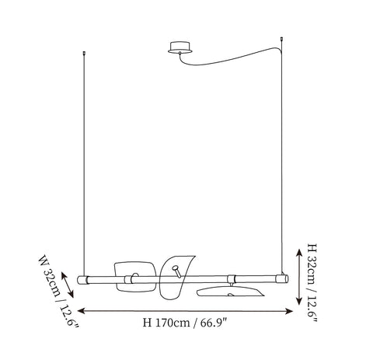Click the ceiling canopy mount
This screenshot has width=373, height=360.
point(180,47)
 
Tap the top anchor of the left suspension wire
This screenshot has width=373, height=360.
point(84,53)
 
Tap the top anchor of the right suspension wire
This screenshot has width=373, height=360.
point(281,39)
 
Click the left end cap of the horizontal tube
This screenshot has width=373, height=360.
point(83,280)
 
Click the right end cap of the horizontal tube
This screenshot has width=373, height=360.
point(282,279)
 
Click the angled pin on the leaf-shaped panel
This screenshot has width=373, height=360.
point(177,271)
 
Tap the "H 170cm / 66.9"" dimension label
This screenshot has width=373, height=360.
point(185,323)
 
